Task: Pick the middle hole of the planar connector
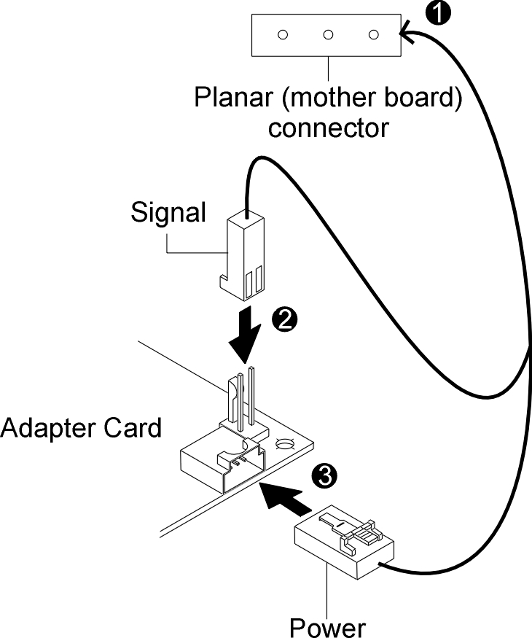tap(328, 34)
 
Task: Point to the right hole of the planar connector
tap(374, 34)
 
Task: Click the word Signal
tap(168, 214)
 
